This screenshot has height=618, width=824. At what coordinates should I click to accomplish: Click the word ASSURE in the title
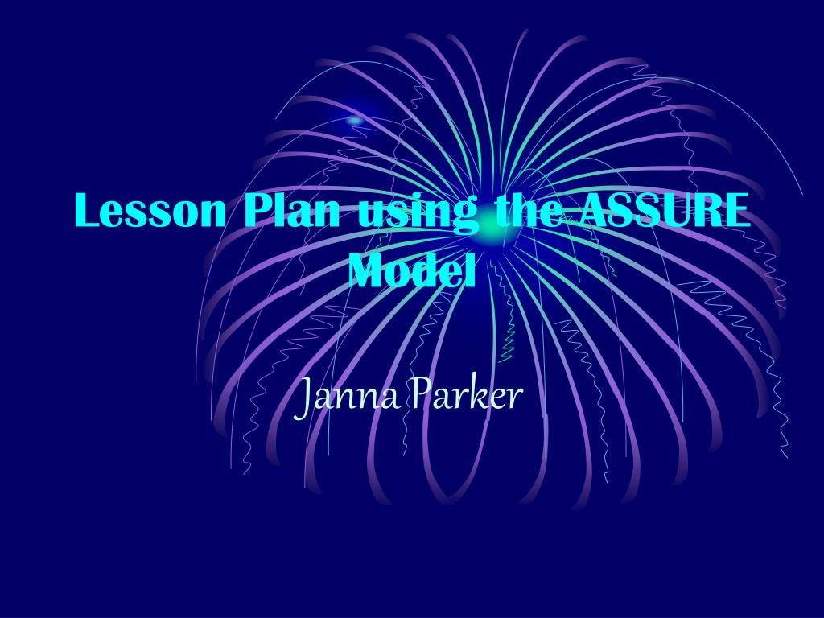coord(665,212)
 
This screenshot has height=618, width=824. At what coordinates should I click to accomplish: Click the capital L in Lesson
coord(88,212)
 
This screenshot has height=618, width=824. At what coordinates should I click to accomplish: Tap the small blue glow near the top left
coord(355,120)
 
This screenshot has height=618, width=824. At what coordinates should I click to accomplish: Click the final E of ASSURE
coord(736,212)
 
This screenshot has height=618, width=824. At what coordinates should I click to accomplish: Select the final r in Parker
coord(516,398)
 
